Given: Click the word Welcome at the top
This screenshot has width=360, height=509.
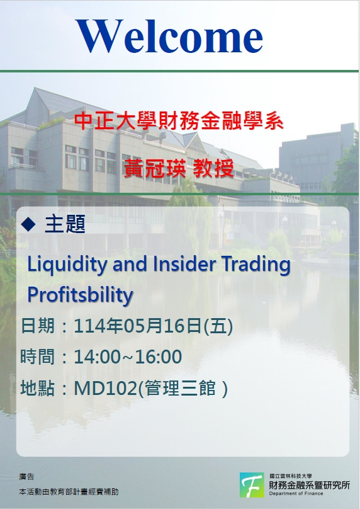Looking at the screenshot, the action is click(169, 36).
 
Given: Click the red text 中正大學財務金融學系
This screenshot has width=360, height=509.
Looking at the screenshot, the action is click(179, 121).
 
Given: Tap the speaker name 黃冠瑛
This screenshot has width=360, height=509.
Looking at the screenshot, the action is click(155, 168).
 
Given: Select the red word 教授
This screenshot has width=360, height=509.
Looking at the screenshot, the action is click(213, 168).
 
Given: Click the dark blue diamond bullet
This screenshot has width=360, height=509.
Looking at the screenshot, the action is click(28, 224).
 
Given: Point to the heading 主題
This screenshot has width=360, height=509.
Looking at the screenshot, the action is click(65, 224).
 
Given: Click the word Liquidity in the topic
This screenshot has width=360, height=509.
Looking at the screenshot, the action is click(67, 265).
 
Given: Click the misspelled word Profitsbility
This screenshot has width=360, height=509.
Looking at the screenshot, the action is click(80, 295).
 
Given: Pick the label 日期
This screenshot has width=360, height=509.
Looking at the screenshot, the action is click(37, 325).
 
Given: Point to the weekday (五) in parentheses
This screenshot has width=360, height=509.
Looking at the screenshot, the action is click(218, 326).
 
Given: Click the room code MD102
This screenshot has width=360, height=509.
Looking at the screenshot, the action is click(105, 387).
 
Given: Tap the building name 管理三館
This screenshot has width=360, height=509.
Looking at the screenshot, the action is click(179, 388).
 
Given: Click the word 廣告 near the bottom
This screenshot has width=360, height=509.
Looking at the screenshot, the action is click(26, 476).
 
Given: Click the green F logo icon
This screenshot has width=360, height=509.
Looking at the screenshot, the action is click(252, 485).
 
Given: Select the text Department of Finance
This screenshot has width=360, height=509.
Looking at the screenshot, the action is click(296, 493).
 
